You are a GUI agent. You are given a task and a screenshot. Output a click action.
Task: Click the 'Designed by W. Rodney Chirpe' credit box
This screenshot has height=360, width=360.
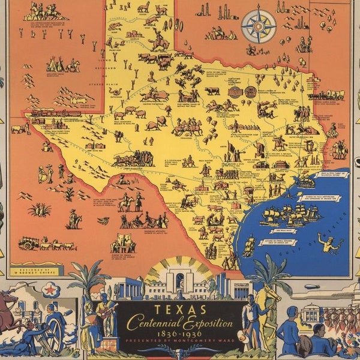pyautogui.click(x=36, y=270)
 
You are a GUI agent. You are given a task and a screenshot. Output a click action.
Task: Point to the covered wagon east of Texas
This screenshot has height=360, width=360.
pyautogui.click(x=333, y=95)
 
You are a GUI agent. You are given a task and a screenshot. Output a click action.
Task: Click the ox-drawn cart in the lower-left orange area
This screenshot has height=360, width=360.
pyautogui.click(x=45, y=243)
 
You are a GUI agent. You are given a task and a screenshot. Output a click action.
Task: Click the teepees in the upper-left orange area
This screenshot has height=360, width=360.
pyautogui.click(x=60, y=64)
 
